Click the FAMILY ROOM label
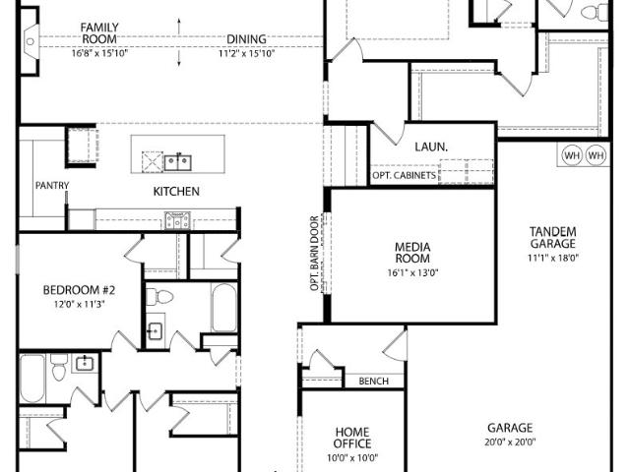(99, 33)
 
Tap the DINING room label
(246, 39)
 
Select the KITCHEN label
(176, 192)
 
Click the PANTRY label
(52, 186)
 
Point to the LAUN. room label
(431, 147)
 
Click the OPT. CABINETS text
(404, 175)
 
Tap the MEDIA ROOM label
(412, 253)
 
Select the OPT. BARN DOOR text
(315, 254)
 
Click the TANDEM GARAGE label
(552, 238)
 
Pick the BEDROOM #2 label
(79, 290)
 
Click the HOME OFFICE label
(352, 438)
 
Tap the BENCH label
(374, 381)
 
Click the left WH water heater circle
(571, 155)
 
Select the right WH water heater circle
(596, 155)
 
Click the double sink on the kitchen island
(177, 162)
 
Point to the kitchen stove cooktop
(177, 220)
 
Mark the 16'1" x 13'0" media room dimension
(412, 273)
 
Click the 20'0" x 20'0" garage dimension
(510, 442)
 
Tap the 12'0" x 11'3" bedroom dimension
(79, 304)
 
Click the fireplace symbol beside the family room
(31, 41)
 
